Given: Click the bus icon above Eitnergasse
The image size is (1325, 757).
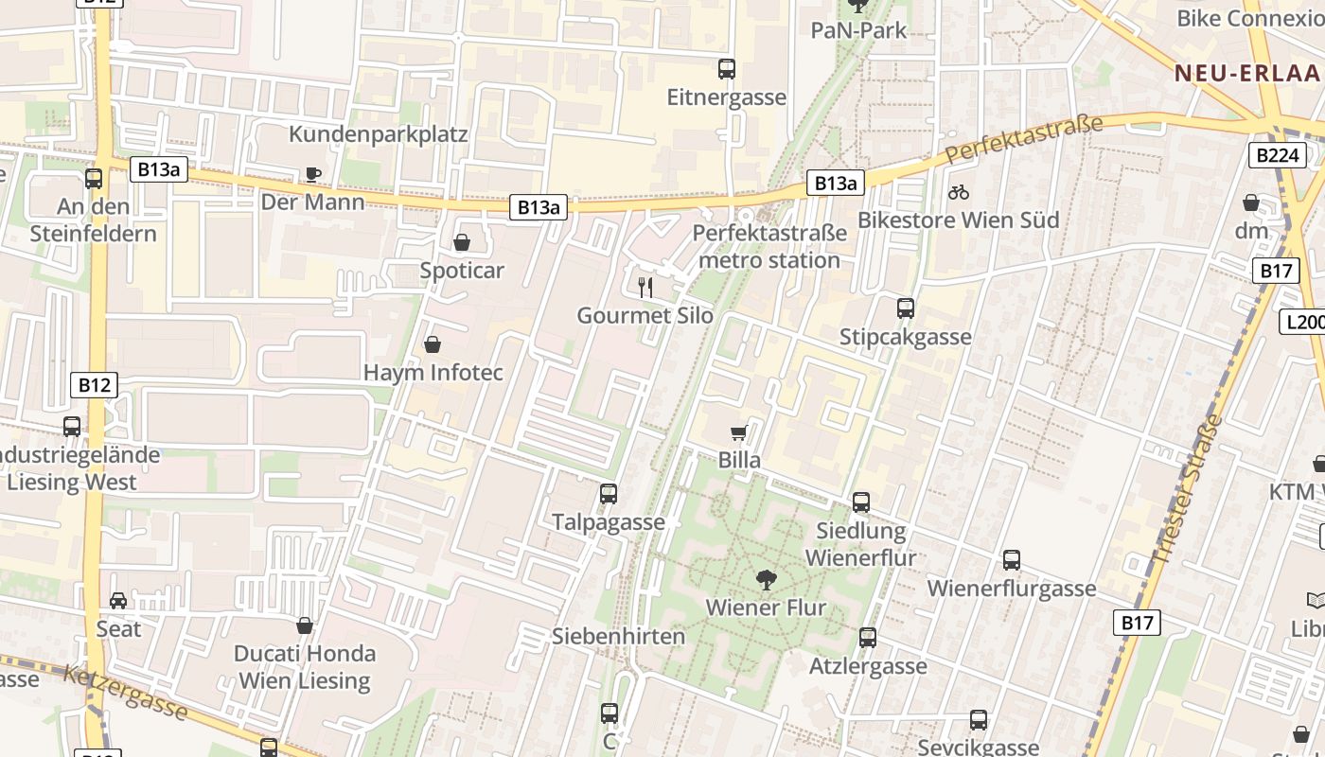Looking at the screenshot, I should (x=727, y=69).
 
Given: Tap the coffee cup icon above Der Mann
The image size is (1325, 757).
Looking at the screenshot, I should (x=312, y=174).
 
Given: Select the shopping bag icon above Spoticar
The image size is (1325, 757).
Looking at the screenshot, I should (x=462, y=243).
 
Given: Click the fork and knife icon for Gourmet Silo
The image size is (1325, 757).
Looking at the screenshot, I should (x=645, y=288).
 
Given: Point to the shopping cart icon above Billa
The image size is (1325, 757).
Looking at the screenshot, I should (x=739, y=433).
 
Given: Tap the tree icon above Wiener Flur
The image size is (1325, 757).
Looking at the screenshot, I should (x=766, y=580).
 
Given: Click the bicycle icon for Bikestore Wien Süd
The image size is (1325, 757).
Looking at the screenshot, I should (x=958, y=192).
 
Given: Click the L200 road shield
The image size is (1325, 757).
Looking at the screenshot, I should (x=1303, y=322).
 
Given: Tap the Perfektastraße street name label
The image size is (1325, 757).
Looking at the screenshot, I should (x=1024, y=139).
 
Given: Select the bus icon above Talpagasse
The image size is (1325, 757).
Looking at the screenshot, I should (x=609, y=494).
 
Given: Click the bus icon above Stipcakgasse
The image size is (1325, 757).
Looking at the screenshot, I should (x=906, y=308).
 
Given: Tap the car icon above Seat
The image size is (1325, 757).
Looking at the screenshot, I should (x=118, y=601).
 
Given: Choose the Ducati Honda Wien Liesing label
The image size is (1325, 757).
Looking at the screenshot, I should (x=305, y=666).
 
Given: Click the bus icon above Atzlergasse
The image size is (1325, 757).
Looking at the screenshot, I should (x=868, y=638).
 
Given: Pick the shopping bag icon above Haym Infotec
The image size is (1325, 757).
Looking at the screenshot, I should (x=433, y=344).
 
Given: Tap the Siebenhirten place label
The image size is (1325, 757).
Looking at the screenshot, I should (x=618, y=636).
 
